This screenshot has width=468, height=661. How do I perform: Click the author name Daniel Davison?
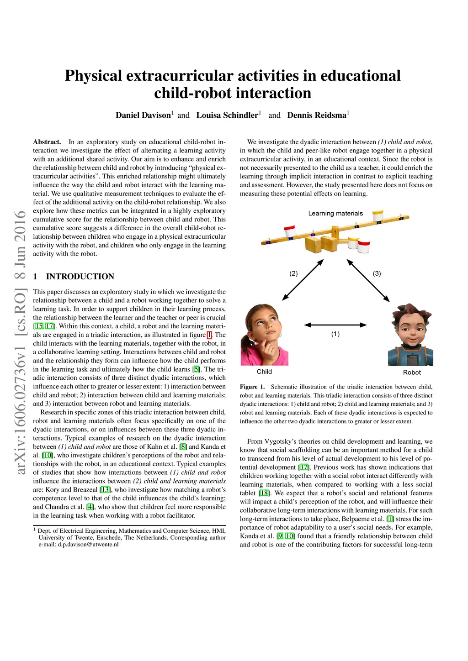(143, 115)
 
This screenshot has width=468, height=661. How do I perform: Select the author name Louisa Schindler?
(227, 115)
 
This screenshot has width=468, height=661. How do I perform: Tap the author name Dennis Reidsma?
(317, 115)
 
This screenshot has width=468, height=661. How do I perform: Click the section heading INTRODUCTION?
(80, 277)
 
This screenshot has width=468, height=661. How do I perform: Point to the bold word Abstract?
(47, 142)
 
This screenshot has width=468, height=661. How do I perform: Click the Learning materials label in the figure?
(335, 213)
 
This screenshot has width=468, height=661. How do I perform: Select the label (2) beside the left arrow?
(293, 273)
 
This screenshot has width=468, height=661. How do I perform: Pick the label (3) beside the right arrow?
(377, 273)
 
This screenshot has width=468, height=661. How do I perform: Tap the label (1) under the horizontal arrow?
(335, 334)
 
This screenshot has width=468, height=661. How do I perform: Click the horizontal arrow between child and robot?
(335, 325)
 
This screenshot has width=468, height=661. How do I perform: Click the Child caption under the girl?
(264, 372)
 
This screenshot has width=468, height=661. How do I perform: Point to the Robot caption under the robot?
(412, 372)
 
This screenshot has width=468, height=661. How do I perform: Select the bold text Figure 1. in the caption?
(252, 387)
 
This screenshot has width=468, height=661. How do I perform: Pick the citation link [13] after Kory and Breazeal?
(105, 490)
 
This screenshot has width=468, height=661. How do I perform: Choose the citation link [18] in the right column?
(264, 493)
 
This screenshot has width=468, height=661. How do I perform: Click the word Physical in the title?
(93, 76)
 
